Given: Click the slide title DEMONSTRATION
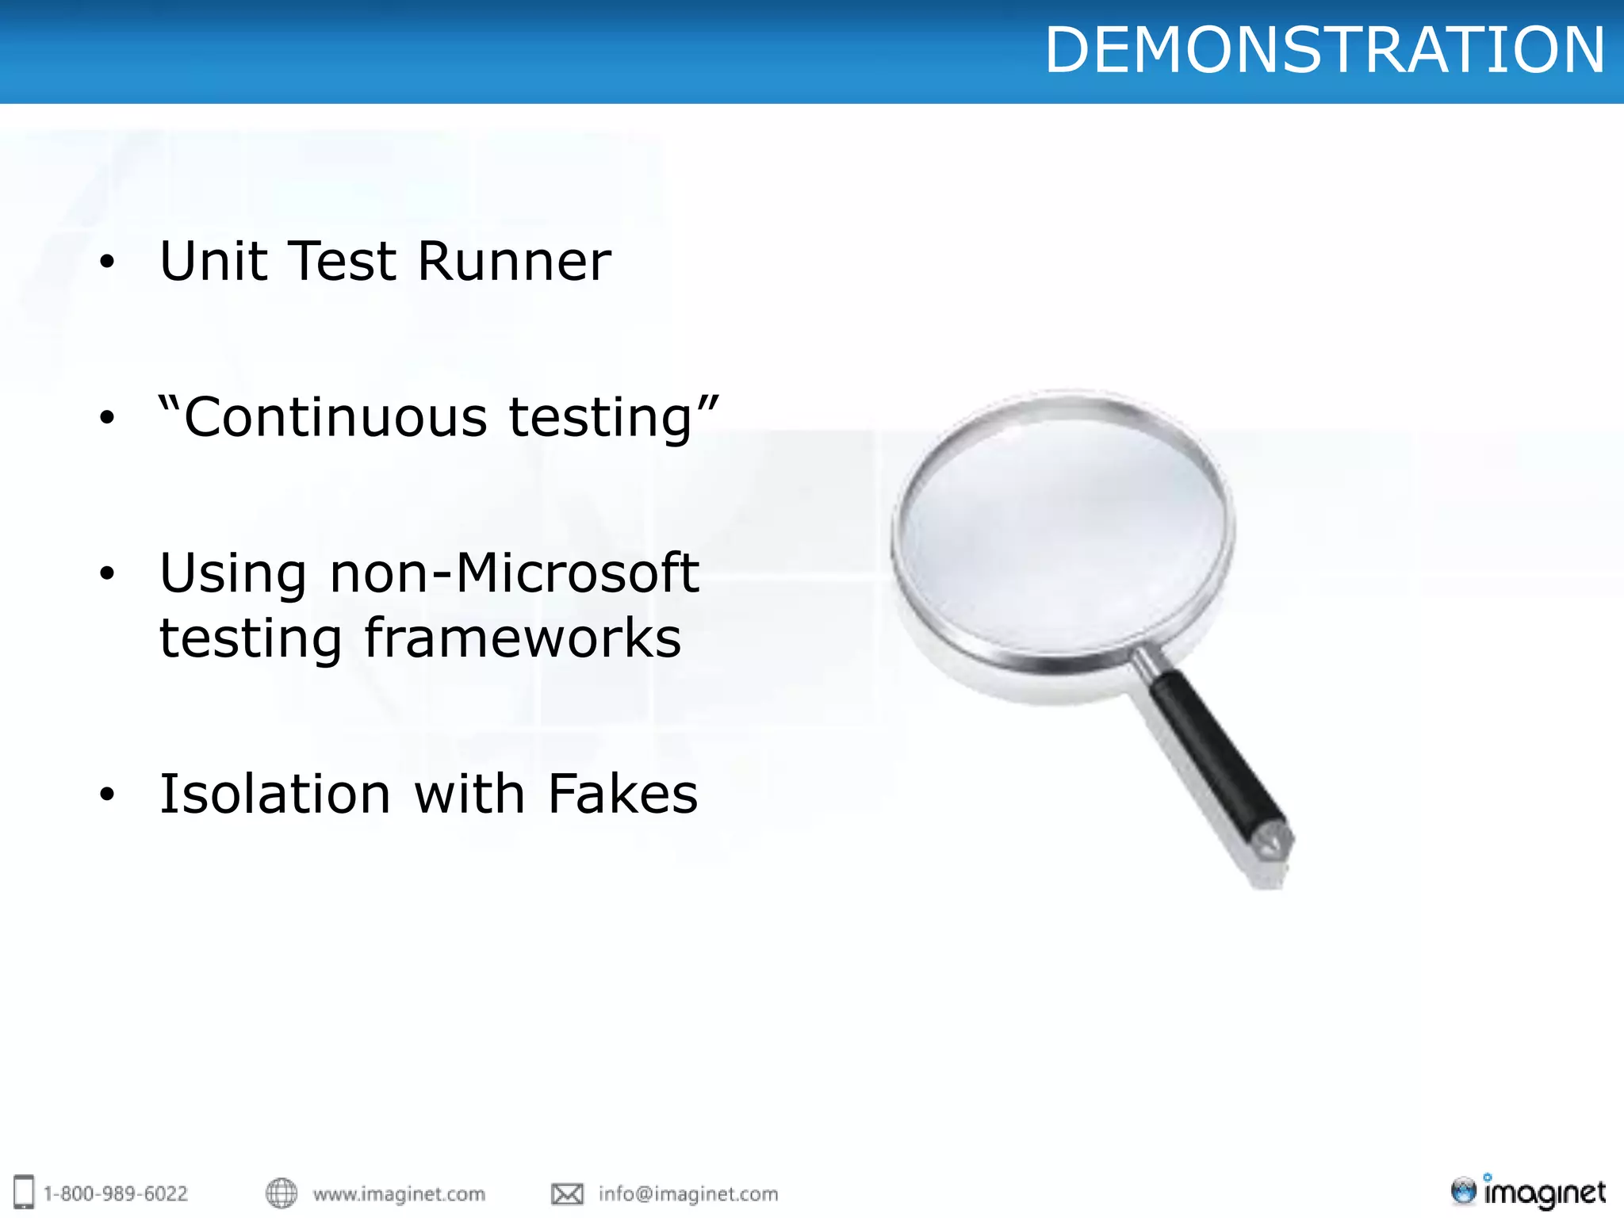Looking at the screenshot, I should [1324, 50].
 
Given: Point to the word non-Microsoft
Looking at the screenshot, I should [514, 573].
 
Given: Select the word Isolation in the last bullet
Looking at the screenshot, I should [275, 794].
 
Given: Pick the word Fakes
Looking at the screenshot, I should [622, 794].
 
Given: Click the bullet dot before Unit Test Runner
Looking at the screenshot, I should [107, 262].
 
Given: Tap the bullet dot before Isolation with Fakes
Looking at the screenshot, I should [107, 795].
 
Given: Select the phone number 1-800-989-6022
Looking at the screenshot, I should [116, 1193].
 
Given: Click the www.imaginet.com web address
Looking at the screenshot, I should [399, 1193].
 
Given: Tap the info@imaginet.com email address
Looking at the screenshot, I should [688, 1193].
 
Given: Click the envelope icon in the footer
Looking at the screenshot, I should [567, 1193].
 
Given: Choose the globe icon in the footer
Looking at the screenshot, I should [282, 1193].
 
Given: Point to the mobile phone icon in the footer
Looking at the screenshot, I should [25, 1192].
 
